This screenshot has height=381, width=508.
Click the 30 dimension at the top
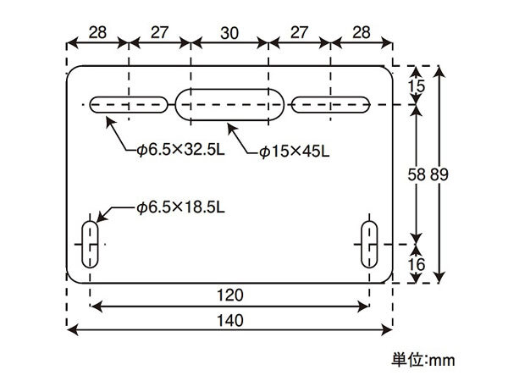(229, 33)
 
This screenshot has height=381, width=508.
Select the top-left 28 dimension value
(97, 32)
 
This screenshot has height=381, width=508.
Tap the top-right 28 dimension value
(361, 32)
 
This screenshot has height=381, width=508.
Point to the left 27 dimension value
(159, 32)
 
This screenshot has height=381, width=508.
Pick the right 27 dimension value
(299, 32)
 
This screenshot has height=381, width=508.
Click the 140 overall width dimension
(229, 321)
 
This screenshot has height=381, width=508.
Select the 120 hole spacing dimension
(229, 295)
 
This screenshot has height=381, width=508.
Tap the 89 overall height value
(439, 174)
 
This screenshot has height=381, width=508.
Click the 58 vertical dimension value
(417, 175)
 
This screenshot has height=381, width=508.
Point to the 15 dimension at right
(416, 86)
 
